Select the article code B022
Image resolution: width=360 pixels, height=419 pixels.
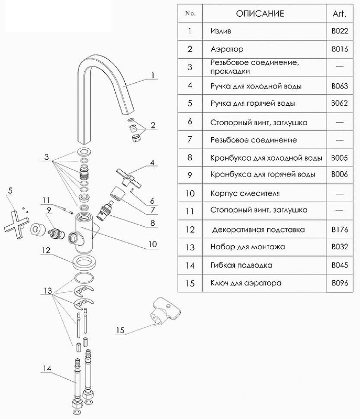pyautogui.click(x=340, y=31)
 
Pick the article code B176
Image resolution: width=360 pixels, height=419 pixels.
pyautogui.click(x=340, y=229)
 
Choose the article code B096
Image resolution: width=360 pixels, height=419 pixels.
pyautogui.click(x=340, y=283)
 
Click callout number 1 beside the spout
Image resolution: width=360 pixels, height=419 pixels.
pyautogui.click(x=152, y=75)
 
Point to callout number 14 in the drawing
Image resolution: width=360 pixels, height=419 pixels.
pyautogui.click(x=47, y=369)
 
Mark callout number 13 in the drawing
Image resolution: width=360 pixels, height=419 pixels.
pyautogui.click(x=48, y=290)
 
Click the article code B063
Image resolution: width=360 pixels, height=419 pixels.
pyautogui.click(x=340, y=85)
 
